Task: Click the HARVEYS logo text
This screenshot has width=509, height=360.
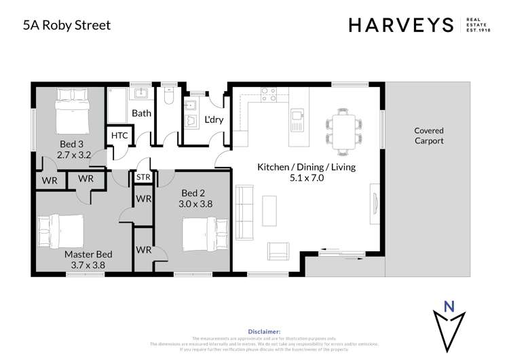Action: pos(400,25)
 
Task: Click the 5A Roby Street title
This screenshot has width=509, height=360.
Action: pos(67,25)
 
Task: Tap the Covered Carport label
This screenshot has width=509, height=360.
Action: pos(429,136)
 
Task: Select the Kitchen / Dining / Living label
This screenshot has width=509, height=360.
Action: pos(305,166)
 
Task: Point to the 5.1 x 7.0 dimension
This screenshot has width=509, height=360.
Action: pos(306,179)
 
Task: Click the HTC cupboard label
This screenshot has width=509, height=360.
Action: pos(119,135)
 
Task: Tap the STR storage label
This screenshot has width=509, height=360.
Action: pos(143,177)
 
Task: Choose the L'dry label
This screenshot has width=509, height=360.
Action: pos(214,120)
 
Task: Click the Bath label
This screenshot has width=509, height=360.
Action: pos(141,113)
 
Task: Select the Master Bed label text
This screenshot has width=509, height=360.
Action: pos(88,254)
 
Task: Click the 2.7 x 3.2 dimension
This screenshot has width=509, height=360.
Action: pos(73,155)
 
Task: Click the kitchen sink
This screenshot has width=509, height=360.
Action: pos(297,120)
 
